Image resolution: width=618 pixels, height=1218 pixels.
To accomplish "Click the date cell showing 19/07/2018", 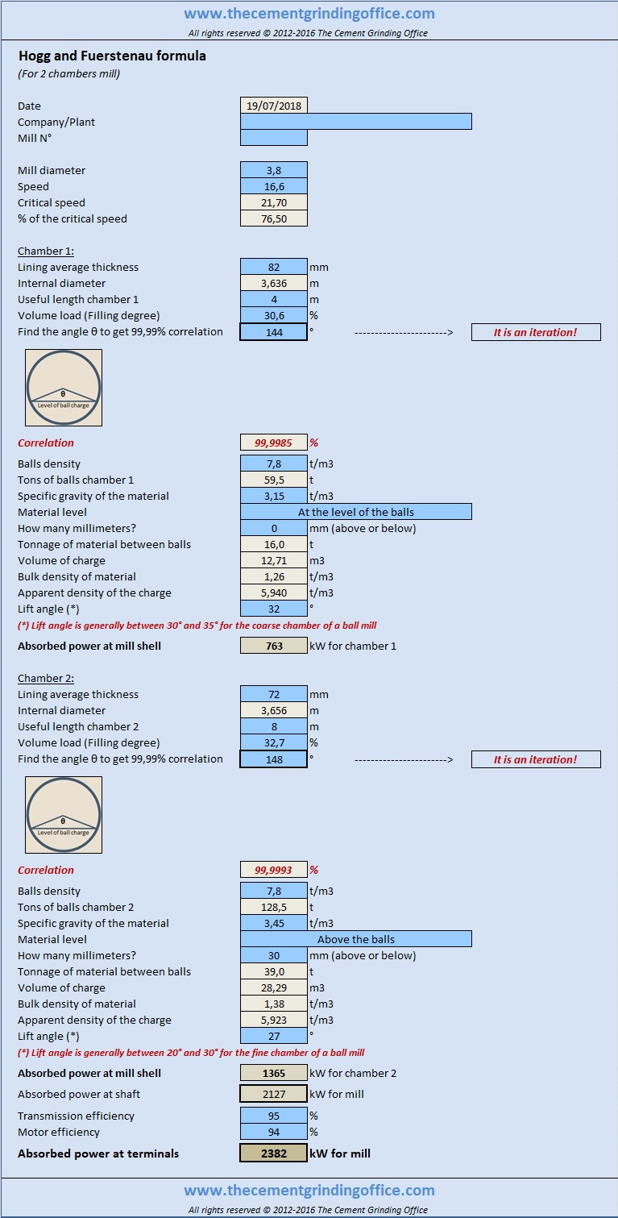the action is coord(274,106).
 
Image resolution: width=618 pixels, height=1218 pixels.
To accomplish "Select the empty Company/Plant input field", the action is coord(356,121).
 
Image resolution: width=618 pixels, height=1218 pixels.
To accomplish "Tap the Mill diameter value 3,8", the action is coord(274,170).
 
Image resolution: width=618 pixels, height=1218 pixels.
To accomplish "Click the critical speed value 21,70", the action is coord(274,202).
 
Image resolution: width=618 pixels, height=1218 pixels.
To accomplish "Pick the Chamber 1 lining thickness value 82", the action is coord(274,267).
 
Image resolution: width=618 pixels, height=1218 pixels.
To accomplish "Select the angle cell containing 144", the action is coord(274,331).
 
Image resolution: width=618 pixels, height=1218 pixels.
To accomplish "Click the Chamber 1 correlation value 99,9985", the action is coord(274,443).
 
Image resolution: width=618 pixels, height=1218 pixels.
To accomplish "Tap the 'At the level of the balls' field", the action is coord(356,512).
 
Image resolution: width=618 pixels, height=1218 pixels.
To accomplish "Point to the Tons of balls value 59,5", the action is coord(274,480).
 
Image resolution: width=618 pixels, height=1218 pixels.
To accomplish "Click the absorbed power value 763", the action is coord(274,646).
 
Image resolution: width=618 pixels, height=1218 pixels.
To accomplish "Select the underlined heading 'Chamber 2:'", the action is coord(46,678).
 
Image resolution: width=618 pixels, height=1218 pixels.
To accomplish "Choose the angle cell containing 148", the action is coord(274,759).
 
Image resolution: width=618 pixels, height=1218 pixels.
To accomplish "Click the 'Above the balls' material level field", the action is coord(356,939).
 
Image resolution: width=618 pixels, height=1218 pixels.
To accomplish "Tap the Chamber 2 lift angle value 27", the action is coord(274,1036).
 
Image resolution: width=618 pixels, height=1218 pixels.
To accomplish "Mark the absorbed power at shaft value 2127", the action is coord(274,1094).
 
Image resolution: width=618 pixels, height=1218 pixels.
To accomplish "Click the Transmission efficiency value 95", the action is coord(274,1116).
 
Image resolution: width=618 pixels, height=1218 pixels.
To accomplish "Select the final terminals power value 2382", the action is coord(274,1154).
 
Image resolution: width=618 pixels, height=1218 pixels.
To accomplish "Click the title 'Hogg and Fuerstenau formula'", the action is coord(113,56).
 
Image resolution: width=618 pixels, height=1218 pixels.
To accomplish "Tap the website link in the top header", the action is coord(309,13).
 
